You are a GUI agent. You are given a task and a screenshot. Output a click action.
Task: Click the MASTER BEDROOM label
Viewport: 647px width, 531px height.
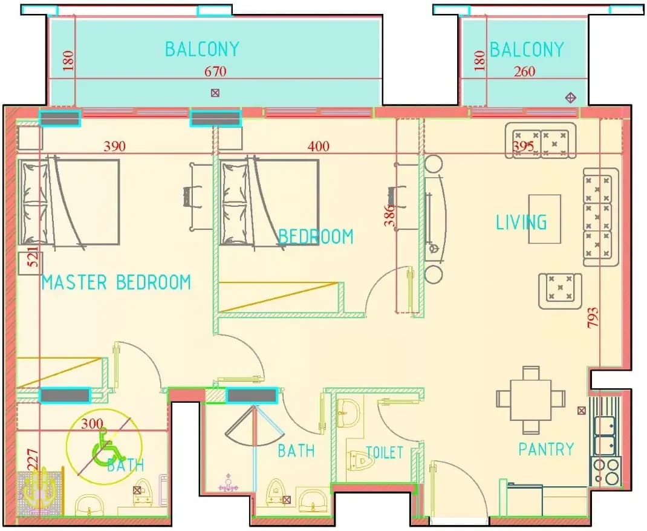116,282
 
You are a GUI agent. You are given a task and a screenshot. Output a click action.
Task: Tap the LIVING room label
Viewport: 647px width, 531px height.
521,223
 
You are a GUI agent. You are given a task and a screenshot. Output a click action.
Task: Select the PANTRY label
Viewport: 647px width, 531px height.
546,449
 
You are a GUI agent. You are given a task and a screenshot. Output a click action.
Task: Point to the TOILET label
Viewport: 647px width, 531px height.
385,452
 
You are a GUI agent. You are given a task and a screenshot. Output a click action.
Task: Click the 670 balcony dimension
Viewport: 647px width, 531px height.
215,72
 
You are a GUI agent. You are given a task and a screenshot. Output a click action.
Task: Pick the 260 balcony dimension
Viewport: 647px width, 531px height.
524,72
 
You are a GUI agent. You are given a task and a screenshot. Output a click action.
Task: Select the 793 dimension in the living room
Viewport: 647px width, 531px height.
593,318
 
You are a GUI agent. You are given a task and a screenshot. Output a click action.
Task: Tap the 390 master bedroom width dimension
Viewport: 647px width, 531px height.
114,146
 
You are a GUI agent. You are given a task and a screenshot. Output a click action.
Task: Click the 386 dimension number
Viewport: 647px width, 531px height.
389,216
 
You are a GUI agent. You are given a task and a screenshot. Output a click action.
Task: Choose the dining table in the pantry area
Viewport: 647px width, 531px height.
531,400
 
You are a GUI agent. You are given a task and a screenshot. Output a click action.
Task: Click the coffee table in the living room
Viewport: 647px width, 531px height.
545,219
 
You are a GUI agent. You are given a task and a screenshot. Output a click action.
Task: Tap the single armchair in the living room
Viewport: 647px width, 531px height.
560,291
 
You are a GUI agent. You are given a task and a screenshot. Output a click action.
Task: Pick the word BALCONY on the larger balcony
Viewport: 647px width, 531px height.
202,50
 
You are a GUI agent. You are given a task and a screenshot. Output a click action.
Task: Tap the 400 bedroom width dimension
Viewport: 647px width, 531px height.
319,146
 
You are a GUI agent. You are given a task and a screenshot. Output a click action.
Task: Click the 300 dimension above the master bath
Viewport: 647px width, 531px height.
93,424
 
